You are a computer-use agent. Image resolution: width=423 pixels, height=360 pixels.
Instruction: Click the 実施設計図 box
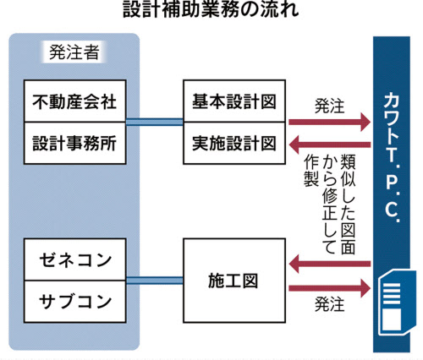[233, 141]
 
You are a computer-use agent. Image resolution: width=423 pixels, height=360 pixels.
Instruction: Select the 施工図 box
[233, 279]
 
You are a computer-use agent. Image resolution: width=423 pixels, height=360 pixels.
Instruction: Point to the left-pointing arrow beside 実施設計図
[330, 141]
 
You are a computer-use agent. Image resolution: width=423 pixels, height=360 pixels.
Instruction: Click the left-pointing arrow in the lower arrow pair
[330, 267]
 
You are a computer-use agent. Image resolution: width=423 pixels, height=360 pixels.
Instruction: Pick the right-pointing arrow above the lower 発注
[330, 286]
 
